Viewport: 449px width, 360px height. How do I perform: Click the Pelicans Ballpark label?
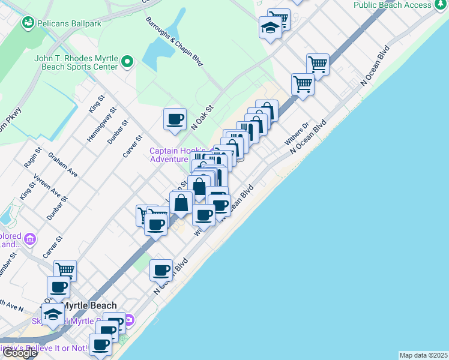[60, 23]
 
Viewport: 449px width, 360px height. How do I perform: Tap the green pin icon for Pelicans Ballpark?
[27, 23]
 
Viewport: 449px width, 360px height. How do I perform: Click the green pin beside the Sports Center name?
[127, 61]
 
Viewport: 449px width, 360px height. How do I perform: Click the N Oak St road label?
[202, 118]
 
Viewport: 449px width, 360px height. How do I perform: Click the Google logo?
[19, 353]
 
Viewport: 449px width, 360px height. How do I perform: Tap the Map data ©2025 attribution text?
[424, 355]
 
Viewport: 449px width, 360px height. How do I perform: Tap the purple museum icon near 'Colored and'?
[29, 241]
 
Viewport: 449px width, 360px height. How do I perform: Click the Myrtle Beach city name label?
[90, 305]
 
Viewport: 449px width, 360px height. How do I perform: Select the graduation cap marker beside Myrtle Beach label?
[53, 314]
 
